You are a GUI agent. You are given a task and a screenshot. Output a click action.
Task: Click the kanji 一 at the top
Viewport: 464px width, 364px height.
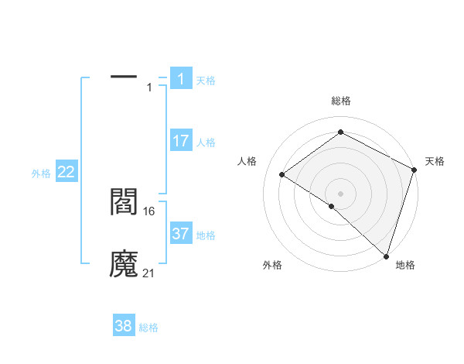(124, 77)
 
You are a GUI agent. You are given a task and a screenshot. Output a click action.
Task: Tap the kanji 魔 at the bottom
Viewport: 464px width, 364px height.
(124, 264)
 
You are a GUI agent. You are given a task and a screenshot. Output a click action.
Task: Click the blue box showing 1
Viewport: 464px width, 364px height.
(181, 78)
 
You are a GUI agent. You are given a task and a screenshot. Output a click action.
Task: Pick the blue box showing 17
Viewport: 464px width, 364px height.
(181, 141)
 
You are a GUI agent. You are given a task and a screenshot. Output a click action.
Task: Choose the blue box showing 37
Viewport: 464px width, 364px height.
(181, 234)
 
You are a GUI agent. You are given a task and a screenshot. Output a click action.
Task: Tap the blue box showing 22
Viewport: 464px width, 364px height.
(67, 173)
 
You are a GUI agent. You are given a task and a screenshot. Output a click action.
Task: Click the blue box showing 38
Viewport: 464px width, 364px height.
(124, 326)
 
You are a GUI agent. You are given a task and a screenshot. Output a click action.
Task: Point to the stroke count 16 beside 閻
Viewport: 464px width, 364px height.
(150, 210)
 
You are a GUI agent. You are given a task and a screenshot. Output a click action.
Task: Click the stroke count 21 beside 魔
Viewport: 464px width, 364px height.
(150, 273)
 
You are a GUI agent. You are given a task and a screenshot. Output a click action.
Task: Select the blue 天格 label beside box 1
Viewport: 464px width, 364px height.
(206, 80)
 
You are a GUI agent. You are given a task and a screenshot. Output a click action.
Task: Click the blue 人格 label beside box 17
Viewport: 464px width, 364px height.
(206, 143)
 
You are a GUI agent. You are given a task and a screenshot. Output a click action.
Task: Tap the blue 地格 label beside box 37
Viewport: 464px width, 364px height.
(206, 235)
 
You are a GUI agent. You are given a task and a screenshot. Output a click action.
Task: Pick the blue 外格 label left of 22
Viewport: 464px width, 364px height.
(41, 174)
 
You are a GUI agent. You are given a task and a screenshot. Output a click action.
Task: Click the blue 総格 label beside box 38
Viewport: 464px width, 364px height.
(148, 328)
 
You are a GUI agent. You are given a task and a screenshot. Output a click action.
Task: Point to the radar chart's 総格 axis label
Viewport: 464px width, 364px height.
(340, 101)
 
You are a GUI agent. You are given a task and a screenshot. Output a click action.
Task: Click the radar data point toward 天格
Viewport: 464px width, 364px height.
(415, 170)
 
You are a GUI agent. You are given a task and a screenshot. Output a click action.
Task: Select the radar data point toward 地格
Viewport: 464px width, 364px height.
(386, 256)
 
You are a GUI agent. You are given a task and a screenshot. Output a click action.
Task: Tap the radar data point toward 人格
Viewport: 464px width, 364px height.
(282, 174)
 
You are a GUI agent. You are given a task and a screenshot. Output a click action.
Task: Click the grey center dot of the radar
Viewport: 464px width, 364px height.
(340, 193)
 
